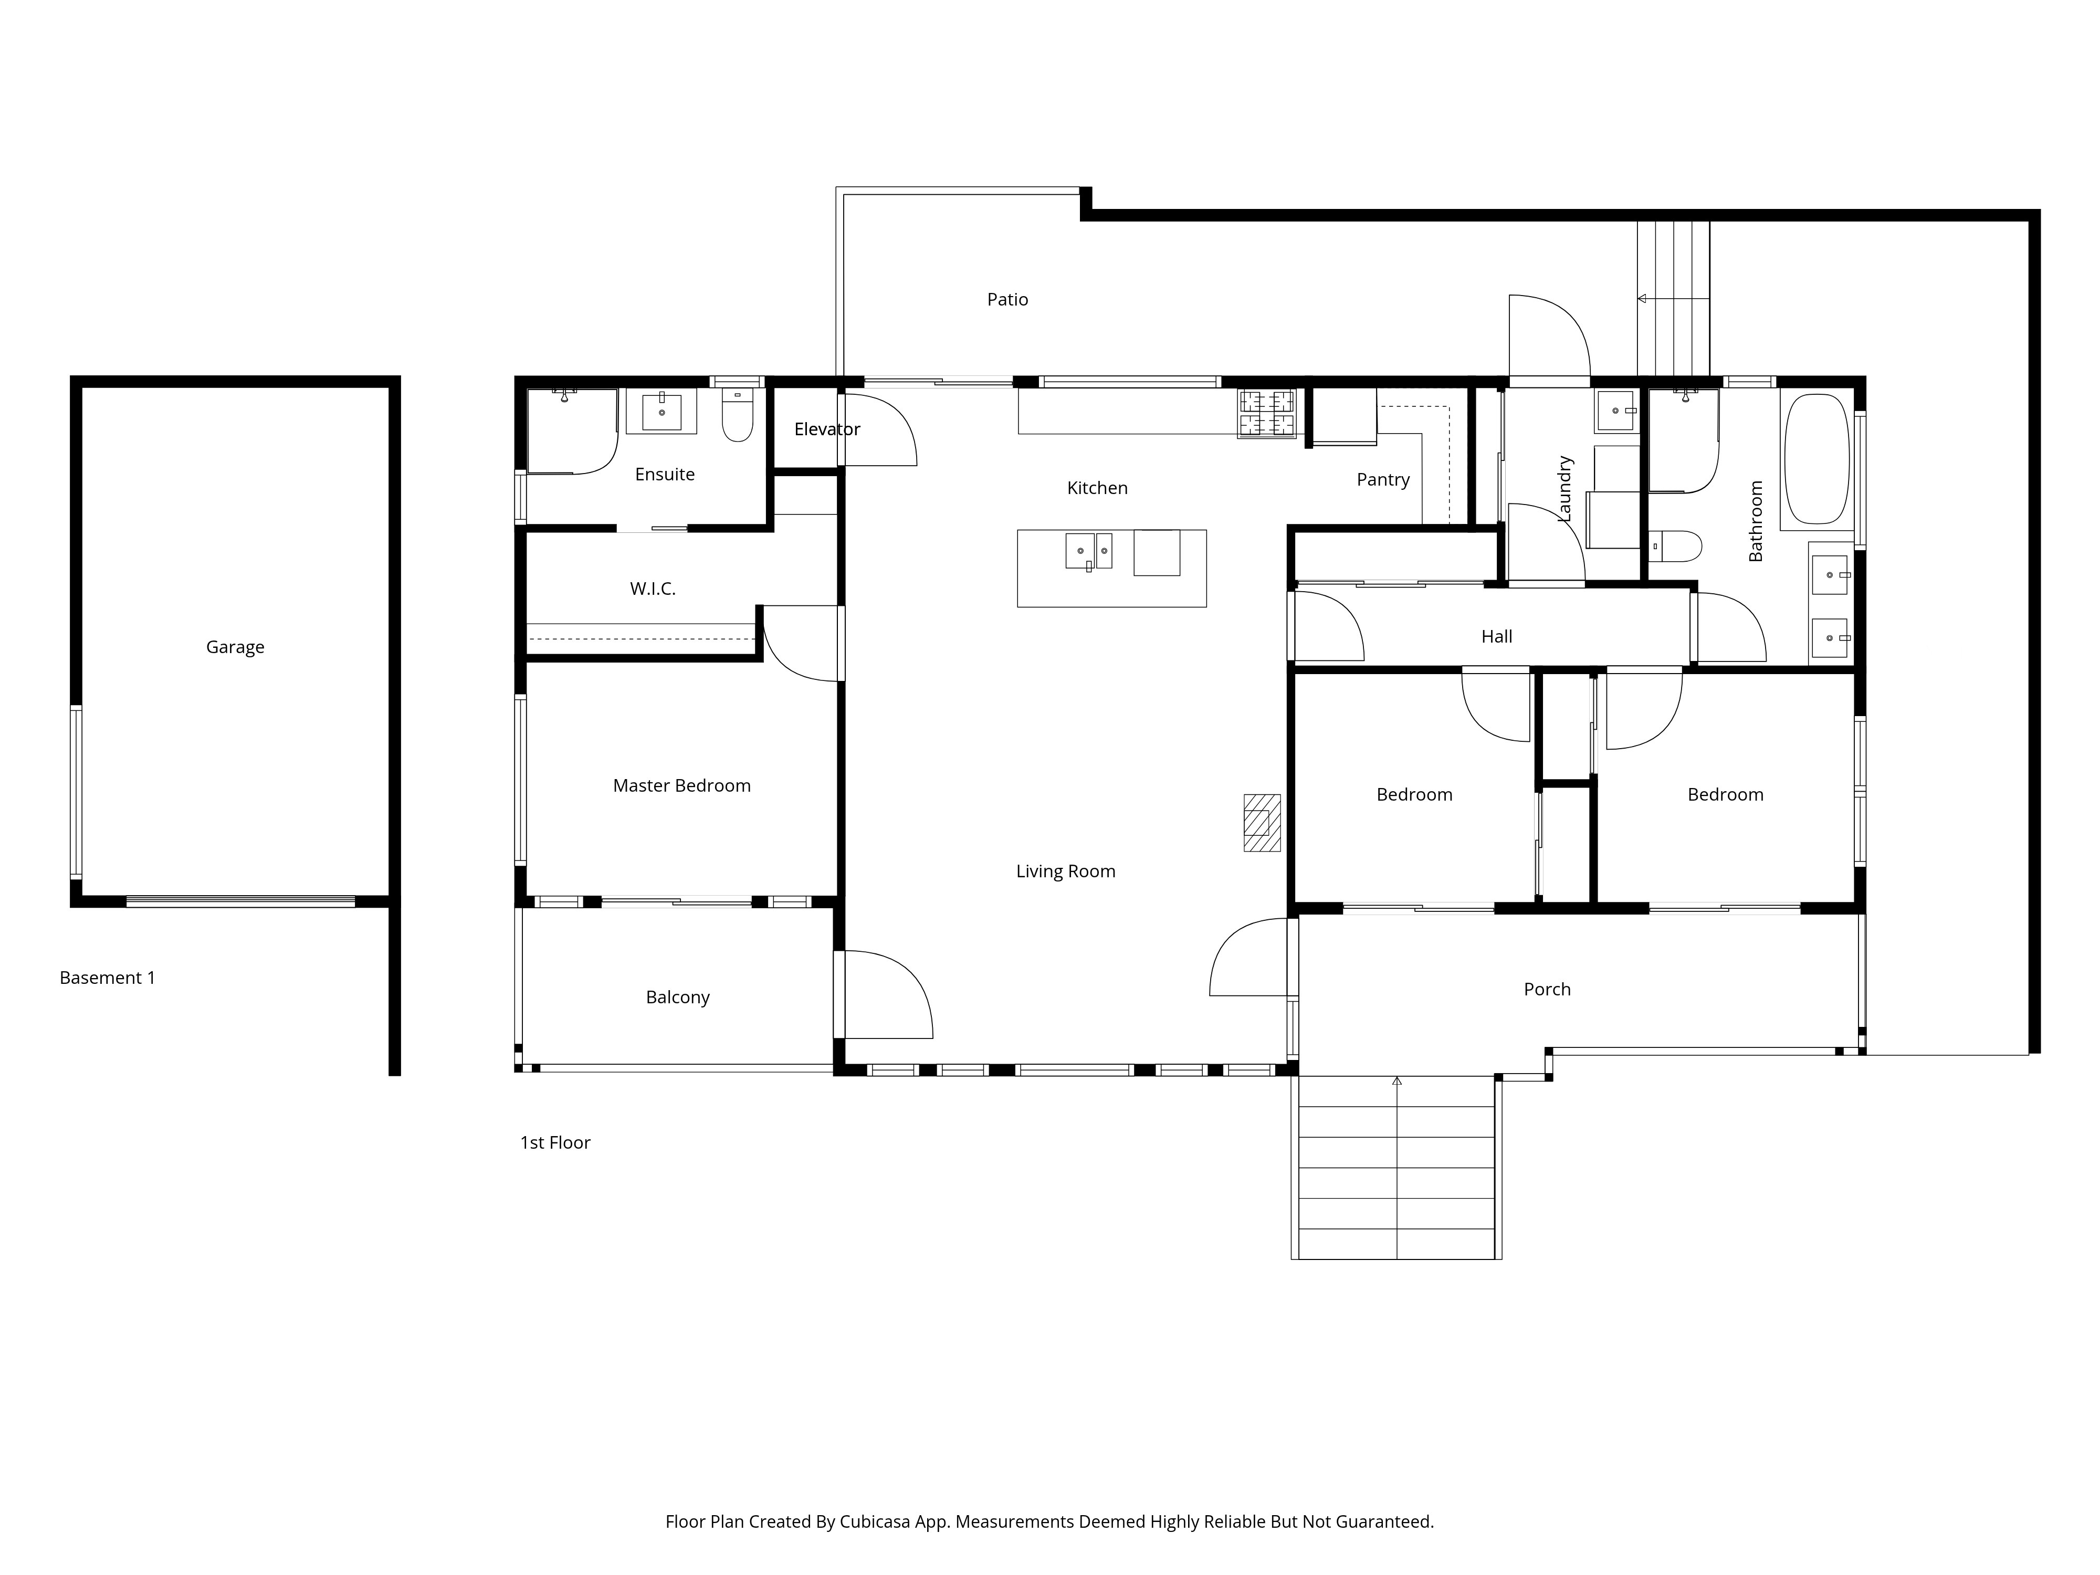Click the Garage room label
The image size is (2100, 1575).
tap(235, 647)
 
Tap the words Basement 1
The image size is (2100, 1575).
tap(107, 978)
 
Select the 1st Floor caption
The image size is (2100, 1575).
tap(555, 1143)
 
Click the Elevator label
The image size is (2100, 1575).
tap(827, 429)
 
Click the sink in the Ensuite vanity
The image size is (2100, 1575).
tap(661, 412)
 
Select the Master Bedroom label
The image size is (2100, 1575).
tap(681, 786)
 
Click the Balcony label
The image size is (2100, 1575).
tap(678, 998)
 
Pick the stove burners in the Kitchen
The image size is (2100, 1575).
tap(1266, 414)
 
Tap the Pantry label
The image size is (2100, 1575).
tap(1383, 480)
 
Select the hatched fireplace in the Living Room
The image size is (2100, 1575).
tap(1262, 823)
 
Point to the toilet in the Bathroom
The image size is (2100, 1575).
tap(1676, 546)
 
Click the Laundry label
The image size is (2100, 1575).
tap(1566, 489)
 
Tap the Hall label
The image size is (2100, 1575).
tap(1497, 637)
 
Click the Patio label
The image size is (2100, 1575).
tap(1007, 300)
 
